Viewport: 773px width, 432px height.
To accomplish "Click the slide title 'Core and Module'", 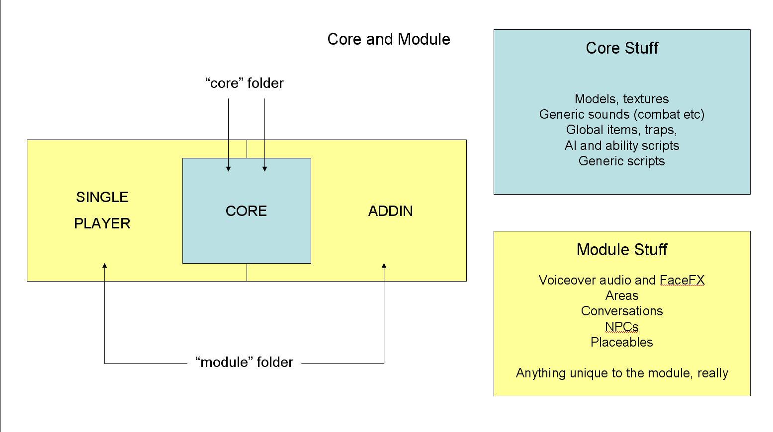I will point(389,39).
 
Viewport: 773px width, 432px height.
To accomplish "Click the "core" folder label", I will point(244,83).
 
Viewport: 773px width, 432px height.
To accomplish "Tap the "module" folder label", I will point(244,362).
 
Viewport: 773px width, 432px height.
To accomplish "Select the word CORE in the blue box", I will point(246,211).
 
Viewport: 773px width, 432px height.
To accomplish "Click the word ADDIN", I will point(390,211).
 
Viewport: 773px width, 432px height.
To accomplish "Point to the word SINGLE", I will point(102,197).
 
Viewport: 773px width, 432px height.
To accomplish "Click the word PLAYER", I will point(102,223).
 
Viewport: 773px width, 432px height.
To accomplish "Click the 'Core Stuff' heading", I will point(622,48).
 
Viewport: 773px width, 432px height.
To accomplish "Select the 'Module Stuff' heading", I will point(622,250).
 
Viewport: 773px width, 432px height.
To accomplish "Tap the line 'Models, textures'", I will point(622,99).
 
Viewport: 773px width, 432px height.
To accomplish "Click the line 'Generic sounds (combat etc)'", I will point(622,114).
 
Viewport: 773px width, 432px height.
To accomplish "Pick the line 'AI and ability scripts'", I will point(622,145).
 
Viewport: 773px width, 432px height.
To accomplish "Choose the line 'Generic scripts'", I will point(622,161).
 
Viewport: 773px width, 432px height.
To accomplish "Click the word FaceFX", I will point(682,280).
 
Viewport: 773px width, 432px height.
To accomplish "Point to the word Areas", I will point(622,295).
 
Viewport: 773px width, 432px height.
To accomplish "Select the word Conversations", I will point(622,311).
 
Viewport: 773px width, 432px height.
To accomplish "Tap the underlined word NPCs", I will point(622,327).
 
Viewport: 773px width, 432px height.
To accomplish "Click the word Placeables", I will point(622,342).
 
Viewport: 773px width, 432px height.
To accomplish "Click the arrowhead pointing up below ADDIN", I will point(384,266).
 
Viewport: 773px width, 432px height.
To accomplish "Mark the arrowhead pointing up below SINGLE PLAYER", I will point(104,266).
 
